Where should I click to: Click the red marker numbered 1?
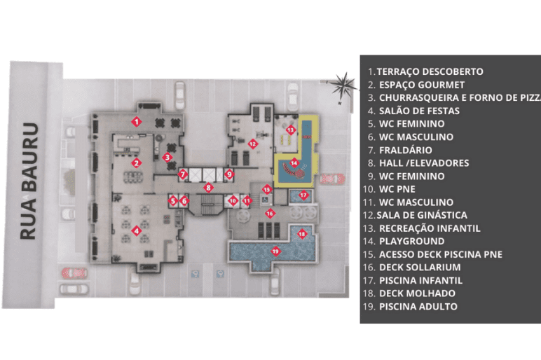[x=137, y=122]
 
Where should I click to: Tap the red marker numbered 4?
[x=137, y=230]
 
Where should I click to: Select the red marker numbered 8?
[x=208, y=188]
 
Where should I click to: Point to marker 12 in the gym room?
[x=252, y=144]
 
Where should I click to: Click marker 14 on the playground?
[x=294, y=162]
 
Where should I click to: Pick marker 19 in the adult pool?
[x=275, y=251]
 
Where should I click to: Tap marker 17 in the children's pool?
[x=303, y=195]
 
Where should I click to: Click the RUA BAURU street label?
[x=29, y=181]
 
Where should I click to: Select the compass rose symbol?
[x=343, y=86]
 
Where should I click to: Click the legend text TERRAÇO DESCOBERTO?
[x=430, y=71]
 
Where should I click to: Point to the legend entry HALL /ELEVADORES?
[x=424, y=162]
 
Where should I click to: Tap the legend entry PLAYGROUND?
[x=411, y=241]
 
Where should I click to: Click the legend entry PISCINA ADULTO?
[x=418, y=306]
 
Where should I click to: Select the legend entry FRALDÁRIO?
[x=406, y=150]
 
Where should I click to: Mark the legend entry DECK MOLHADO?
[x=417, y=293]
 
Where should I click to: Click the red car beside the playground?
[x=332, y=179]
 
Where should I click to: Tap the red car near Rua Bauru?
[x=74, y=273]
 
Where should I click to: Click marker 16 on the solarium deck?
[x=270, y=214]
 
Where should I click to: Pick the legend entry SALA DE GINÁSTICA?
[x=422, y=215]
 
